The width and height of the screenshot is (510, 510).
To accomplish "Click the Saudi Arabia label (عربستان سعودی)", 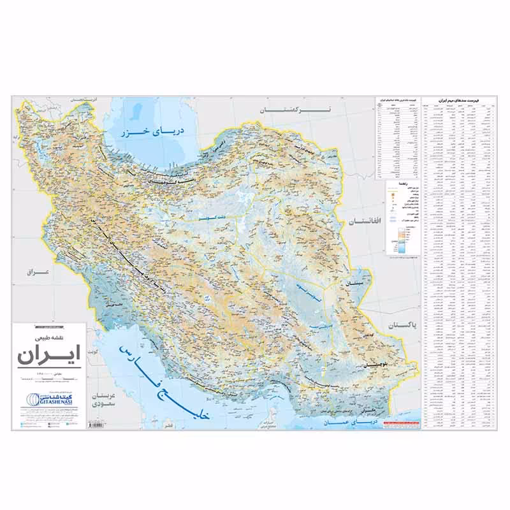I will click(x=103, y=399).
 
